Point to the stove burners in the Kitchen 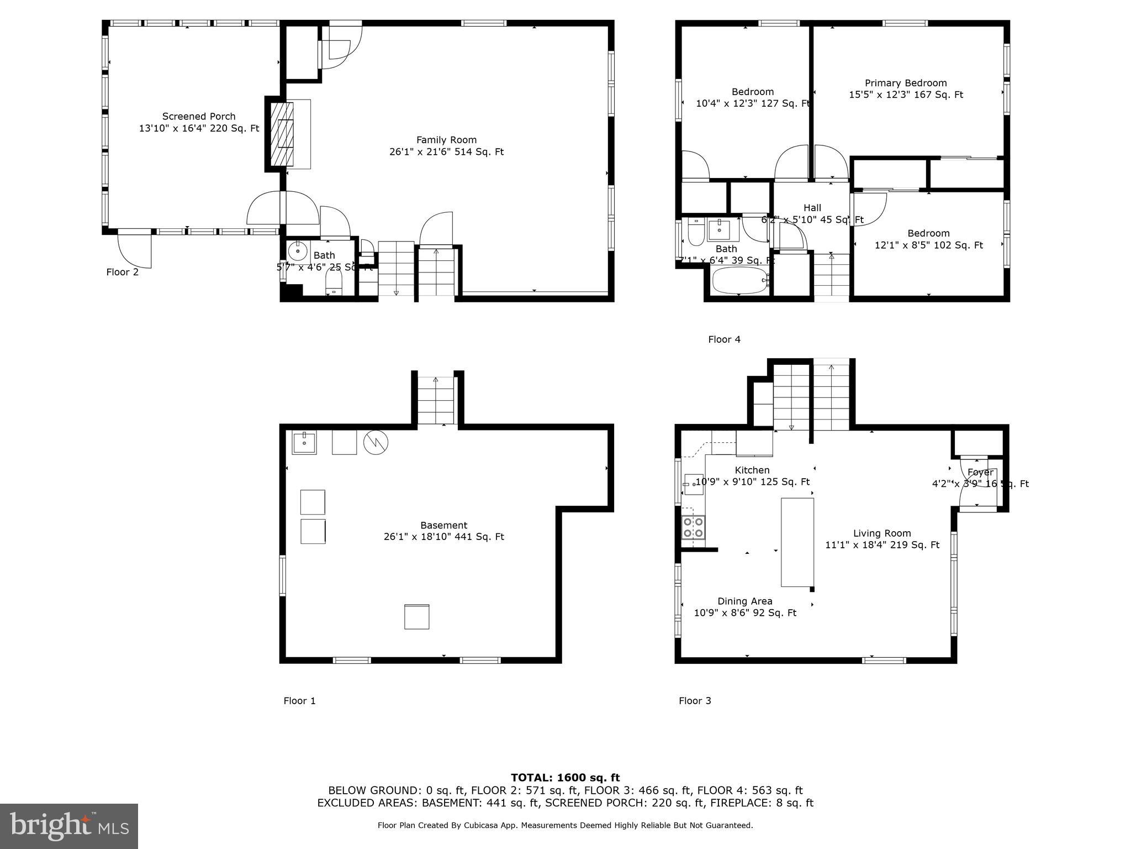point(693,527)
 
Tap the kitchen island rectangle point(797,542)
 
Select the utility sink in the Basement point(304,443)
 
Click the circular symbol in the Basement point(376,442)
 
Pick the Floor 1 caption point(299,701)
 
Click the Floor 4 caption point(724,339)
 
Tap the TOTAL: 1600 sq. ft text point(565,778)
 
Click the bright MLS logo point(69,826)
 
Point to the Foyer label point(980,473)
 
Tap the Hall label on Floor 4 point(812,208)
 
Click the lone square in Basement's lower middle point(416,617)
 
